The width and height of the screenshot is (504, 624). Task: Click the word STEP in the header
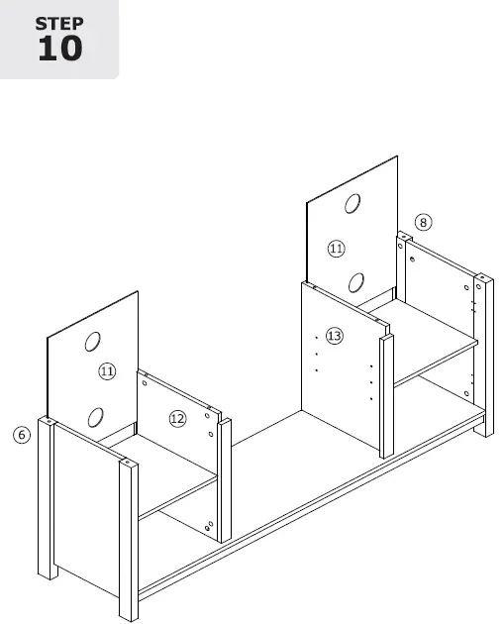58,23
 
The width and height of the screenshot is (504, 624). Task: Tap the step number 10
58,49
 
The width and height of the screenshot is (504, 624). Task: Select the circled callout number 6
22,434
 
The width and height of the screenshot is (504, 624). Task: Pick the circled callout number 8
423,223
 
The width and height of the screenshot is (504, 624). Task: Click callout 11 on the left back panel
107,371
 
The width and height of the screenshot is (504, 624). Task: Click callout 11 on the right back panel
337,249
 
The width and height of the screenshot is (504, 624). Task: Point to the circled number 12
177,418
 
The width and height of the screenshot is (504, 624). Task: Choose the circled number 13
334,337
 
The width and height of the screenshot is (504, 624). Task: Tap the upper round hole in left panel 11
93,342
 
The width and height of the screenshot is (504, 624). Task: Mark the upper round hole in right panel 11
352,205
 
